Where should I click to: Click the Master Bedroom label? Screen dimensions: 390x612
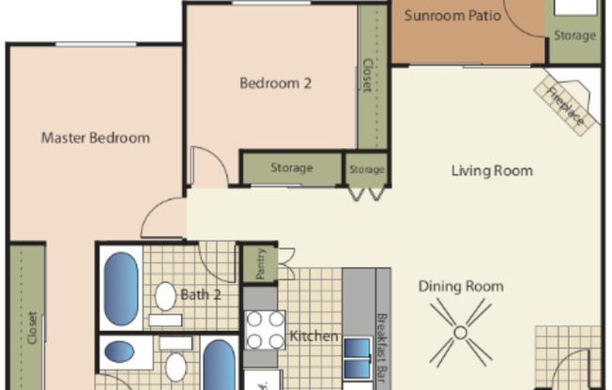[95, 138]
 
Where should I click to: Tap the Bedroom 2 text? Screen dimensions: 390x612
[275, 82]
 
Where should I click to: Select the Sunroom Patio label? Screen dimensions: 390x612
[447, 16]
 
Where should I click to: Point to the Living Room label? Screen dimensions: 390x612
[491, 171]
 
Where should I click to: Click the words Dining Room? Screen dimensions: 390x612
[460, 287]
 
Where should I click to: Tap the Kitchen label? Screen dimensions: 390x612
[314, 337]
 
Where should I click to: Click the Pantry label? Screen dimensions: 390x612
[260, 264]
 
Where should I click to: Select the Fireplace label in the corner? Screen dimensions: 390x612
[566, 105]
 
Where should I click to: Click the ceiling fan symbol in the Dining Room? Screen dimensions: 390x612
[461, 331]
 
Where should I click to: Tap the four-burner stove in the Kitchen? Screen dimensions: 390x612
[265, 330]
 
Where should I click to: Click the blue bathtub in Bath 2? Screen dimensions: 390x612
[120, 289]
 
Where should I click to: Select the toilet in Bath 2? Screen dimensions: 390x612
[165, 296]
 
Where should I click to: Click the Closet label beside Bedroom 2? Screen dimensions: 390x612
[367, 76]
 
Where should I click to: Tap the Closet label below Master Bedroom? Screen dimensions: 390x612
[32, 329]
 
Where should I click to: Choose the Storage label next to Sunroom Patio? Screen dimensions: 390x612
[574, 36]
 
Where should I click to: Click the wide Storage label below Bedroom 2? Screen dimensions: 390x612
[291, 169]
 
